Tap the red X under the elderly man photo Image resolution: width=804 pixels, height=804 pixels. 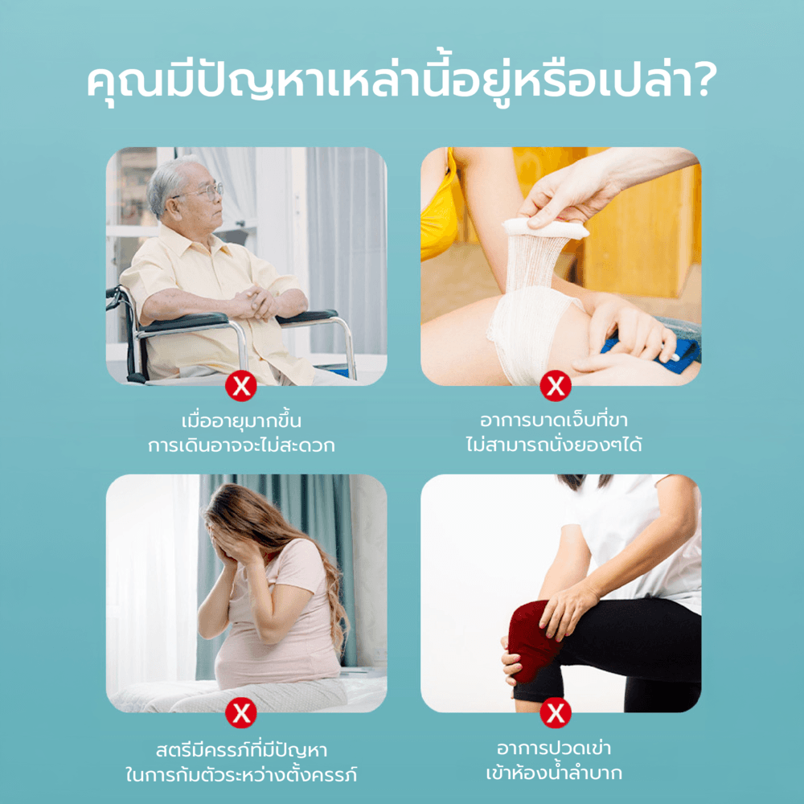tap(241, 387)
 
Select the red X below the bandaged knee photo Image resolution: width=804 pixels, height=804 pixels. tap(556, 386)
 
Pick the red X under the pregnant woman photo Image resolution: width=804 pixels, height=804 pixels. tap(241, 712)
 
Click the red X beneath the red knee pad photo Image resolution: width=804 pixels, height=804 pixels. tap(556, 712)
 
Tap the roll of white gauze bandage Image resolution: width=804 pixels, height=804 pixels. tap(544, 228)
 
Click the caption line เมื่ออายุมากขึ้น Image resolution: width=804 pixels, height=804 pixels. tap(241, 421)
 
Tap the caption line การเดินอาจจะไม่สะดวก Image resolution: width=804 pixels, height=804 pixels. tap(241, 445)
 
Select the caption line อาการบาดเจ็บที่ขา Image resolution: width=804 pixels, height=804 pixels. tap(554, 420)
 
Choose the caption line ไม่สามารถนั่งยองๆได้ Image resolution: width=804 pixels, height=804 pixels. tap(554, 444)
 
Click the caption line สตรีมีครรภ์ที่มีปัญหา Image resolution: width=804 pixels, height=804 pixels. tap(241, 750)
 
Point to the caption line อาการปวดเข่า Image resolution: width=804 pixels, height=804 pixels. tap(554, 748)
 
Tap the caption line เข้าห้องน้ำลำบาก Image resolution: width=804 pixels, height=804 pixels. tap(554, 772)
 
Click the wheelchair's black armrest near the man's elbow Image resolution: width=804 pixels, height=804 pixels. tap(185, 322)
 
